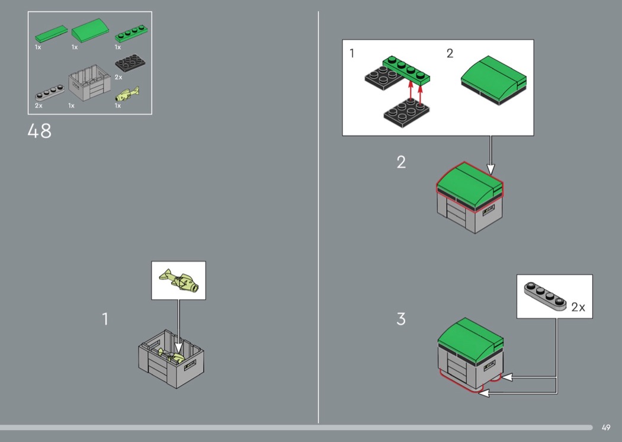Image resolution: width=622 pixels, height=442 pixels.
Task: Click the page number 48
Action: click(x=39, y=131)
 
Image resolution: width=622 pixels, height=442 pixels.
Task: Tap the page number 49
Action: click(x=606, y=427)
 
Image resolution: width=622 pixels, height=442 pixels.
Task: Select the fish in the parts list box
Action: click(x=127, y=94)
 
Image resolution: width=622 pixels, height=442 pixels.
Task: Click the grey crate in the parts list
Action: click(x=89, y=82)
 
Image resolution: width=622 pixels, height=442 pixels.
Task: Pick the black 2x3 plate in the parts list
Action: click(x=130, y=63)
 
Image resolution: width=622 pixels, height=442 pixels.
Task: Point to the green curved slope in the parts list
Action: click(x=91, y=30)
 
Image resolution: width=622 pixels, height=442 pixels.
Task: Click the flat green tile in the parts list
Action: click(x=51, y=34)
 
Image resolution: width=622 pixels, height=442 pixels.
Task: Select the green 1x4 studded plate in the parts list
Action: click(x=132, y=33)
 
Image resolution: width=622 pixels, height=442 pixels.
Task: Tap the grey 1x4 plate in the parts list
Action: click(x=50, y=93)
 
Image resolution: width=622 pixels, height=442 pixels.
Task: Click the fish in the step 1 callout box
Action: click(x=179, y=280)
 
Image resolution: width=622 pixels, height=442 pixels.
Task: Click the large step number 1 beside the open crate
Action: click(x=105, y=319)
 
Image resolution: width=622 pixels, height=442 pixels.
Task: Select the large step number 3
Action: click(x=401, y=319)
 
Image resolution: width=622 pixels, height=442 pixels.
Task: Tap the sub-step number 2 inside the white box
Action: click(x=450, y=53)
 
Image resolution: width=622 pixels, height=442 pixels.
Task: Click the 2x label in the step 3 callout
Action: click(x=578, y=307)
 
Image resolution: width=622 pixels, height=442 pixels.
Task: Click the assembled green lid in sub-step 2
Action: click(x=493, y=80)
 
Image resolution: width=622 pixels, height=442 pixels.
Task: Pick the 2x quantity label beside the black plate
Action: click(x=118, y=77)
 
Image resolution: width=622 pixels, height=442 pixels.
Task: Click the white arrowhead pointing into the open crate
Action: click(x=178, y=348)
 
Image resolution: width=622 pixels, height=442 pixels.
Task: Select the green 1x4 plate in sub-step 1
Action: click(x=406, y=70)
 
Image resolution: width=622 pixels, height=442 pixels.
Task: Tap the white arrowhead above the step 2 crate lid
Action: click(x=490, y=169)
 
